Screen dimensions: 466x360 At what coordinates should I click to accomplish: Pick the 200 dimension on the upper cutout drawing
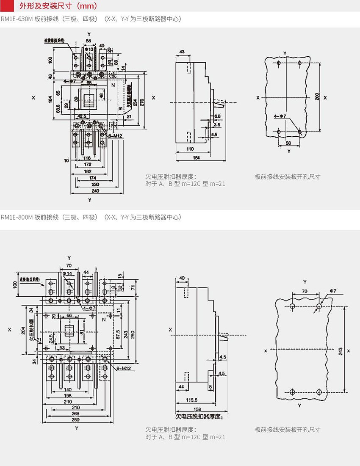317,97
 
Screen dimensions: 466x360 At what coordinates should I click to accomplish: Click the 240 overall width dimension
95,191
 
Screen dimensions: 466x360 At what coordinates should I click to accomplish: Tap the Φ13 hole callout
89,50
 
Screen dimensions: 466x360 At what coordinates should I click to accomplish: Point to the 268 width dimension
75,414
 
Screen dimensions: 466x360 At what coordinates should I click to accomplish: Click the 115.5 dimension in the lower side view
192,400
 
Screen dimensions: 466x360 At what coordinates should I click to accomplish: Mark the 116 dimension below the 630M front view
87,157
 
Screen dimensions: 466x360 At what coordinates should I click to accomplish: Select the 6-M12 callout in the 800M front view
123,369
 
